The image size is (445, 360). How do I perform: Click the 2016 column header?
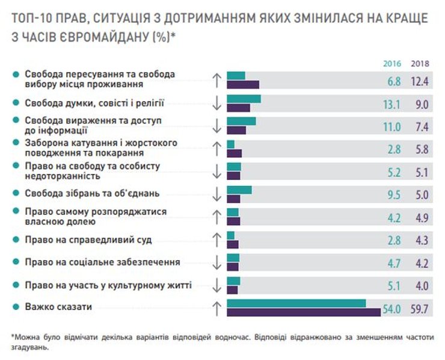(392, 64)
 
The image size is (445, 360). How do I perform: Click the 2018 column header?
(419, 64)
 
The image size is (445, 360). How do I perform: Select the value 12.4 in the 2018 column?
(419, 81)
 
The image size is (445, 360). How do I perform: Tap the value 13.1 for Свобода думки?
(391, 104)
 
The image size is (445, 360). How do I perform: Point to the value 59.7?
(419, 308)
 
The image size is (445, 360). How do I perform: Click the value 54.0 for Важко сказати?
(391, 308)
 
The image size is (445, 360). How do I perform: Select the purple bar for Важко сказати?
(304, 311)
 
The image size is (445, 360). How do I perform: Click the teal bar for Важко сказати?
(296, 303)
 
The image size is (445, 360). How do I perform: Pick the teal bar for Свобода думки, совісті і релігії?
(244, 99)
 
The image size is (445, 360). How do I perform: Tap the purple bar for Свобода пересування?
(242, 84)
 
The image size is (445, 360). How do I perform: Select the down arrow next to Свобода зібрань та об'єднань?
(217, 194)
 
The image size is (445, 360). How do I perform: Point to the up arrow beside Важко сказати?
(217, 308)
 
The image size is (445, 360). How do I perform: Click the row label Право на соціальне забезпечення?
(102, 262)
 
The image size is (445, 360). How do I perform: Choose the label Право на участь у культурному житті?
(108, 285)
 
